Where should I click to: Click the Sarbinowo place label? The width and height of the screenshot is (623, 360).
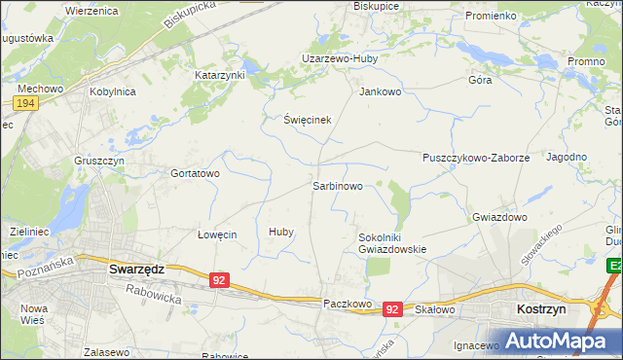338,185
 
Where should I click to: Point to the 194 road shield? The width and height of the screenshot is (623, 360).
25,102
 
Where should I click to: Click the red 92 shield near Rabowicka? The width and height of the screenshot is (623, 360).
219,280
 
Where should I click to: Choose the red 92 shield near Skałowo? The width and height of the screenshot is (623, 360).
391,308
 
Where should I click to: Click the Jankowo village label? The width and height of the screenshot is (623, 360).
381,92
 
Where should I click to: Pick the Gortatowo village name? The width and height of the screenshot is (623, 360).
196,173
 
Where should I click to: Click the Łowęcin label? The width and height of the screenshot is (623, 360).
217,234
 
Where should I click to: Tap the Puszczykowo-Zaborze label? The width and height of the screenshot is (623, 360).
475,157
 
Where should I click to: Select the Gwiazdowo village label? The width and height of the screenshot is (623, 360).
499,217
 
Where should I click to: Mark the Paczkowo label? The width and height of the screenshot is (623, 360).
348,304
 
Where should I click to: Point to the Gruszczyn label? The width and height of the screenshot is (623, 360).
98,161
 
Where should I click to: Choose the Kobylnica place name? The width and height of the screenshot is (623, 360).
113,91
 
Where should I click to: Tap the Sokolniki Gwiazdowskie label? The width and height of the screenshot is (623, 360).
392,242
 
